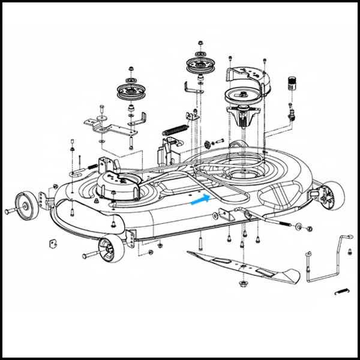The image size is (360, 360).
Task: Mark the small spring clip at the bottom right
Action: [341, 292]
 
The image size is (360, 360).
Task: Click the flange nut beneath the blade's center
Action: [244, 282]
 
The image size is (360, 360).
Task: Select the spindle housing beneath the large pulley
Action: [244, 117]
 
